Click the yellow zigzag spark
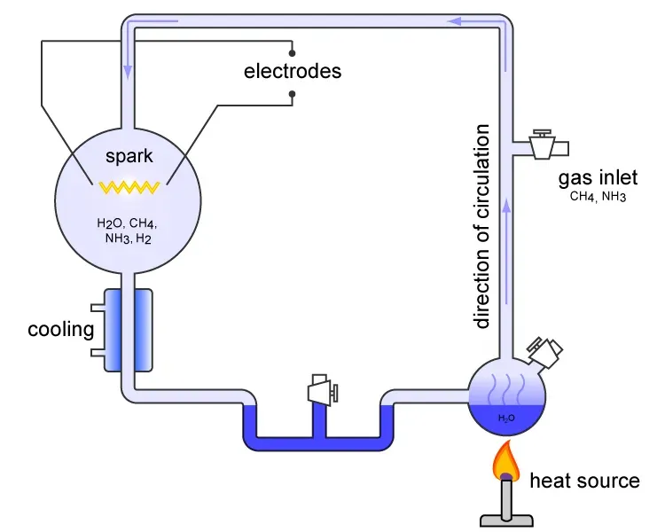[129, 187]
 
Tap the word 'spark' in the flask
[129, 157]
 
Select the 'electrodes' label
[292, 72]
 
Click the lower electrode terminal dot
[292, 92]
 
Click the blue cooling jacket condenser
[129, 330]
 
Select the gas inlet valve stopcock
[541, 144]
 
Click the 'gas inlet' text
[597, 178]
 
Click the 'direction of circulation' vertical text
[481, 227]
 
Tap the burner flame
[506, 461]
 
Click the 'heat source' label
[583, 481]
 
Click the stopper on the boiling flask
[545, 350]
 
